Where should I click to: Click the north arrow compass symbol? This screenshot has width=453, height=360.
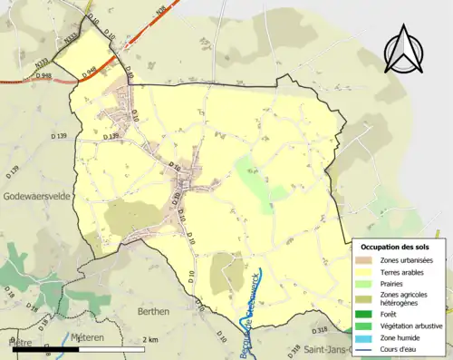[x=405, y=50]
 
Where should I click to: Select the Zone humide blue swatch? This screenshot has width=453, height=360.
[x=365, y=336]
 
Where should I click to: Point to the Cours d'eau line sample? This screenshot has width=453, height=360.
[x=365, y=348]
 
